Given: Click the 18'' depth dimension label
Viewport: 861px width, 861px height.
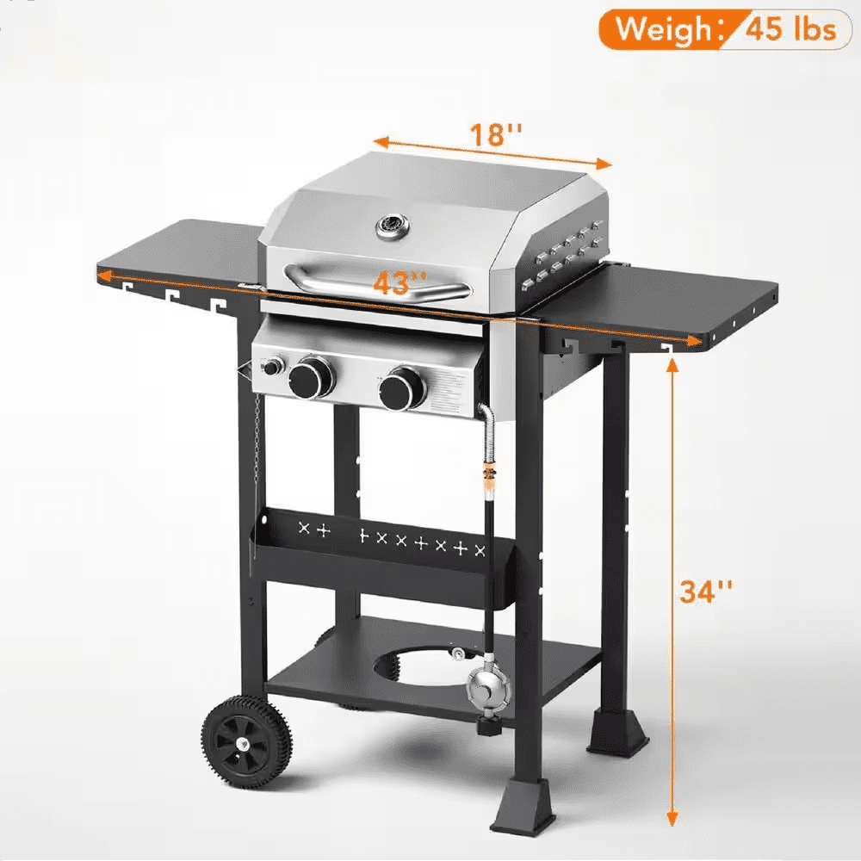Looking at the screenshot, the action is [495, 134].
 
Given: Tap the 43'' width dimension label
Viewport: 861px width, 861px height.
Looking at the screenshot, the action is [400, 283].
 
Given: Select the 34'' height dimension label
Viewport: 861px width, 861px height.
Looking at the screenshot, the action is [706, 592].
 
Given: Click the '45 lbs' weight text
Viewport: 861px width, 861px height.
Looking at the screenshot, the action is [791, 28].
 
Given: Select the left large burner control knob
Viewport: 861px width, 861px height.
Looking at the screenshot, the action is [312, 378].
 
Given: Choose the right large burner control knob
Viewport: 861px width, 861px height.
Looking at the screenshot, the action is [402, 389].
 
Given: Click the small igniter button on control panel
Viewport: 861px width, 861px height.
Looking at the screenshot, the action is [273, 366].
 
